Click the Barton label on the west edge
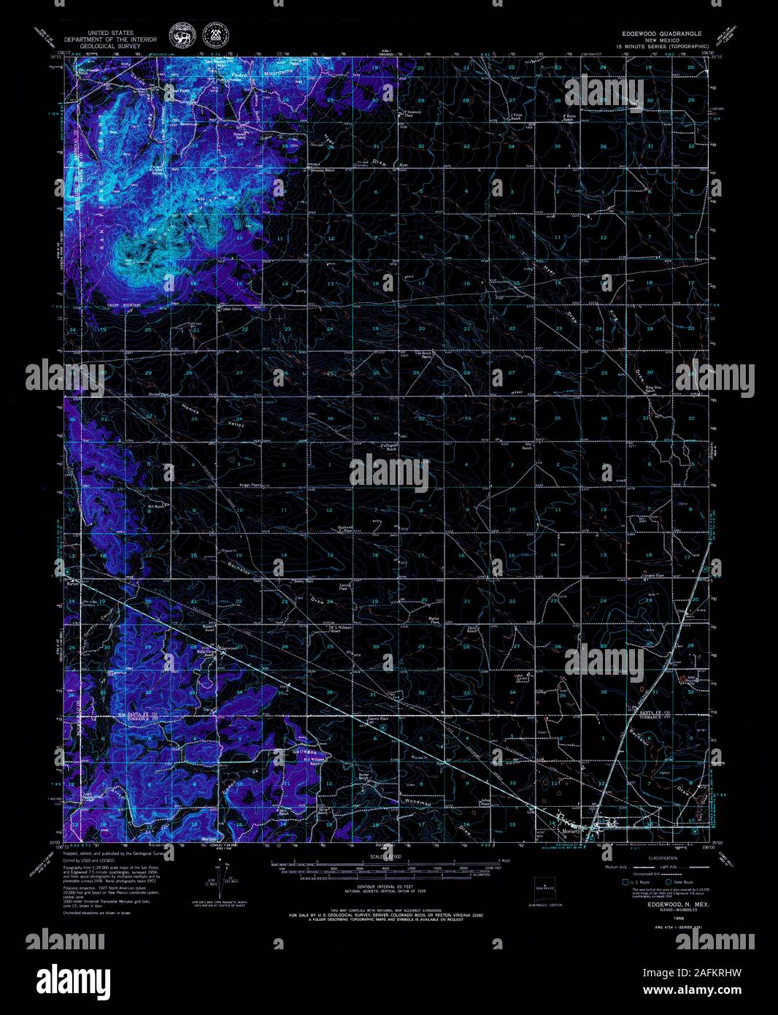[72, 583]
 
